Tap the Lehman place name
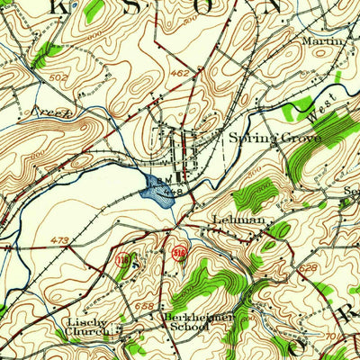pyautogui.click(x=238, y=220)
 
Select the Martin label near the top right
pyautogui.click(x=324, y=41)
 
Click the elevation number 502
pyautogui.click(x=32, y=77)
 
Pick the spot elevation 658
pyautogui.click(x=144, y=307)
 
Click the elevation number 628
pyautogui.click(x=310, y=268)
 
